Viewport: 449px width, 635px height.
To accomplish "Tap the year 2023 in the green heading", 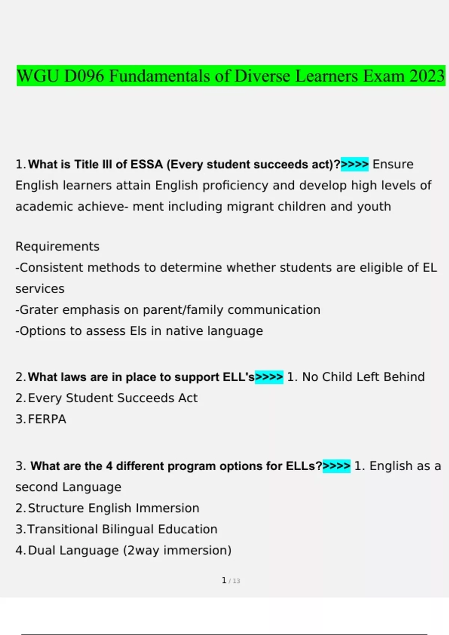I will pyautogui.click(x=427, y=76).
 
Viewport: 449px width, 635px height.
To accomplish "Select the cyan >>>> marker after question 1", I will pyautogui.click(x=354, y=164).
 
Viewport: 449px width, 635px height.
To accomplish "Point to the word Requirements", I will pyautogui.click(x=57, y=247).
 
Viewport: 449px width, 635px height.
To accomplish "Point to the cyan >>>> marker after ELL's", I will pyautogui.click(x=269, y=377).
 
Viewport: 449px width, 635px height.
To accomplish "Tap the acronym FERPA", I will pyautogui.click(x=47, y=419).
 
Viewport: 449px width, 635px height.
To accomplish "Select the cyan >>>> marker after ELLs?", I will pyautogui.click(x=336, y=466).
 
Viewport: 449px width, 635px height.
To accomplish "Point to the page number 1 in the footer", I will pyautogui.click(x=224, y=580).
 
